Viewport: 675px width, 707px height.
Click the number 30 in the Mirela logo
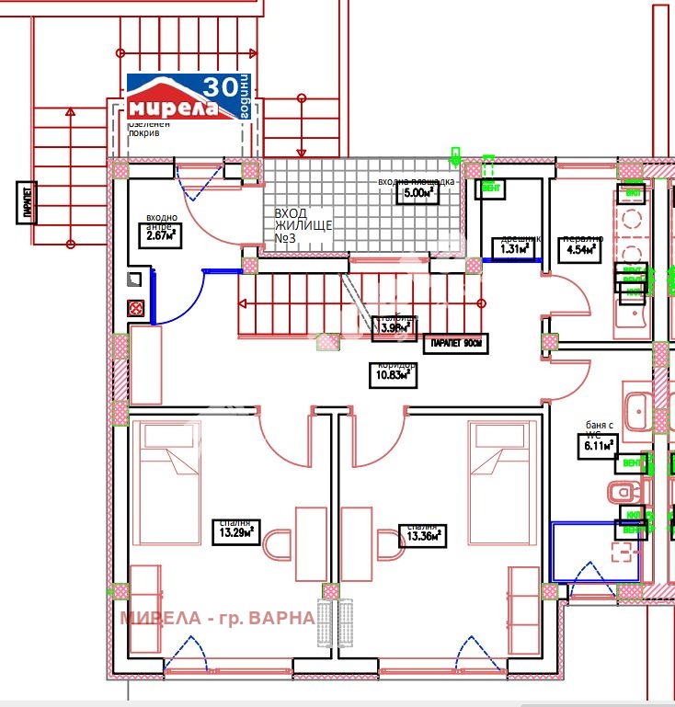(218, 87)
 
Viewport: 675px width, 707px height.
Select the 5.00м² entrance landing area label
(415, 193)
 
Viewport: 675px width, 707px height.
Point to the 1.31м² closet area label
(515, 248)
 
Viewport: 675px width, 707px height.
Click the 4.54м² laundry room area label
(582, 248)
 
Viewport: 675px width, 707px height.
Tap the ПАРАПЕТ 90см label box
(454, 345)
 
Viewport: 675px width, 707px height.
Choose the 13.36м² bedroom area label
(422, 536)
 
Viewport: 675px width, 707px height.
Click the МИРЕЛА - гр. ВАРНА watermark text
(217, 617)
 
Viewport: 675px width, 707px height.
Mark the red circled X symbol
(135, 308)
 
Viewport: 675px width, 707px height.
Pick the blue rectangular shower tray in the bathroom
(594, 551)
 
